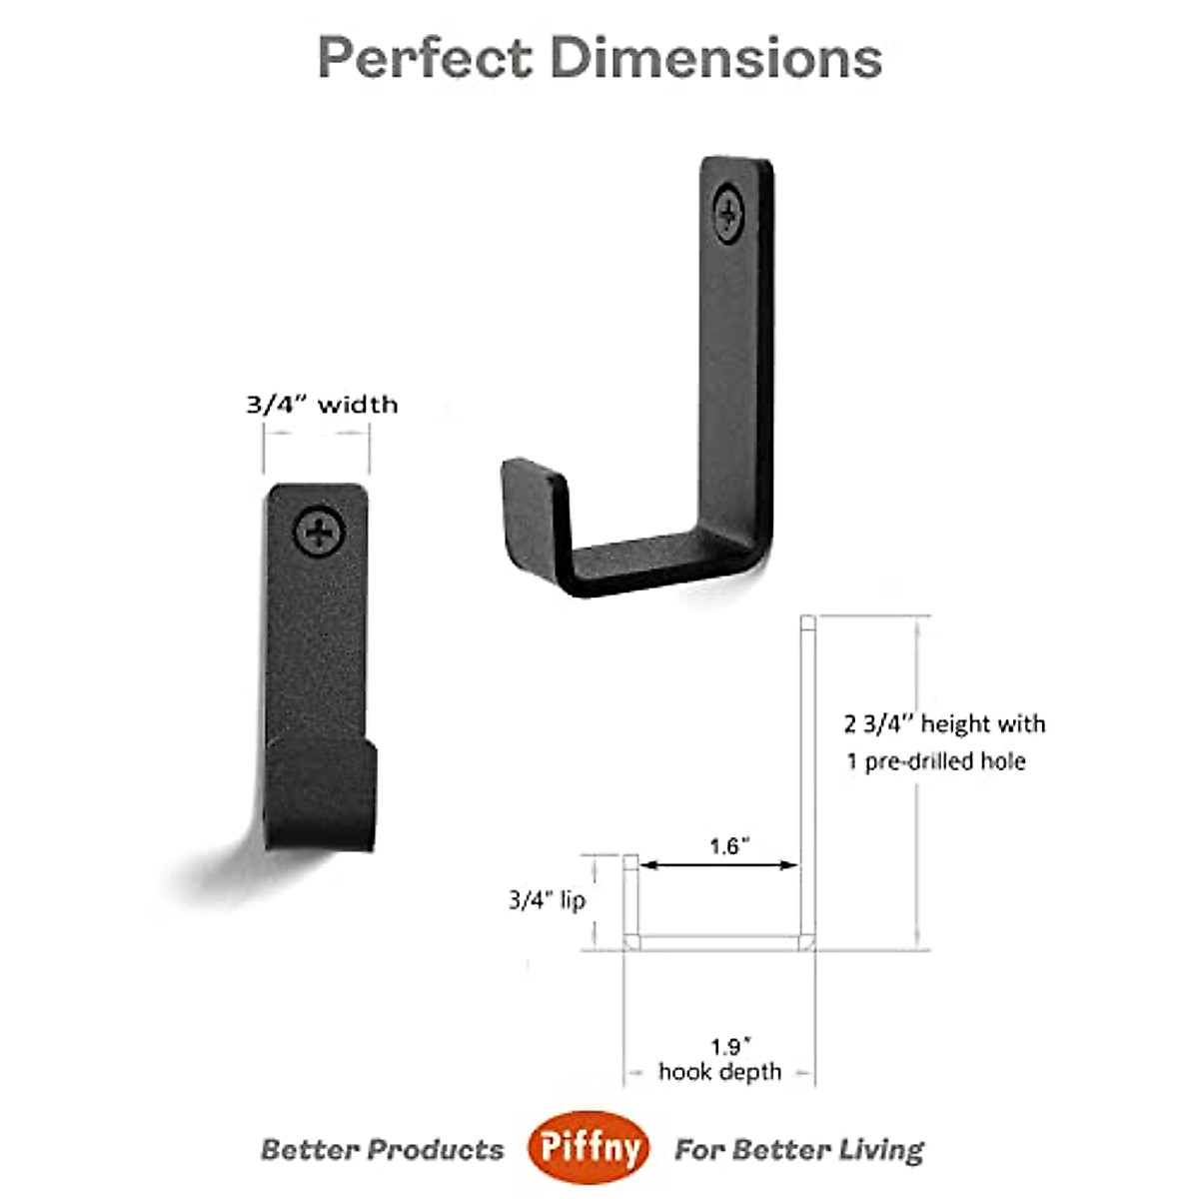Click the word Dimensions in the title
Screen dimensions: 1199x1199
[x=715, y=58]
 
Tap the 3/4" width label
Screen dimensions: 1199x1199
[x=322, y=405]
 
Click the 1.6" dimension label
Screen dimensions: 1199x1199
[x=729, y=846]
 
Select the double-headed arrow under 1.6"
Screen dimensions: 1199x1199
[x=719, y=865]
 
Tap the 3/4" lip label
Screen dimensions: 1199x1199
[x=547, y=900]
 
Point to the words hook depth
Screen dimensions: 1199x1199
[x=719, y=1072]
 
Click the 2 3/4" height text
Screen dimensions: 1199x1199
[x=944, y=723]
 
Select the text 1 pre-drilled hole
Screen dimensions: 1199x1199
[x=936, y=761]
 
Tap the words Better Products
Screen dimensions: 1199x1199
[x=383, y=1150]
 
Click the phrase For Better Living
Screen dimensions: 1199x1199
[x=799, y=1150]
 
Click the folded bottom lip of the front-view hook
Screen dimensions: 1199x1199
[x=322, y=794]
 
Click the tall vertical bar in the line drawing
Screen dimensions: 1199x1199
[x=808, y=779]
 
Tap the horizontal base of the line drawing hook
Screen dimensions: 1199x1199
[x=719, y=942]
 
